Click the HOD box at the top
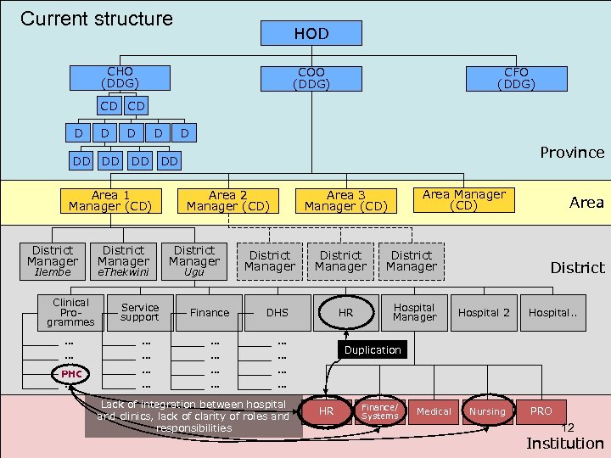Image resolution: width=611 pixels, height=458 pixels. [311, 33]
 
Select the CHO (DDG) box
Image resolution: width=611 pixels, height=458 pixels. [120, 77]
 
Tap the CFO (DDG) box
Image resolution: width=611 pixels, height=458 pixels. [516, 79]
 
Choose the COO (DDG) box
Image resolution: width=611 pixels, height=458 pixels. [311, 79]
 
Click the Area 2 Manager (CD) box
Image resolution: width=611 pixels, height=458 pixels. [227, 200]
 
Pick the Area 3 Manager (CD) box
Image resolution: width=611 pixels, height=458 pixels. [345, 201]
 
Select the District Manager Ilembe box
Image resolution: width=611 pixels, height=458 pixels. [53, 260]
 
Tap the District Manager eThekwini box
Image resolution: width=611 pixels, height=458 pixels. [123, 260]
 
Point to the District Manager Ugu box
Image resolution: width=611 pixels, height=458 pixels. [194, 260]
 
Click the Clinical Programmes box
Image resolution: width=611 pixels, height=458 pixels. [70, 312]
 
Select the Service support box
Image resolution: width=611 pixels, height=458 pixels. [140, 312]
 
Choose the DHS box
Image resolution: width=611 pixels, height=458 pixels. [277, 312]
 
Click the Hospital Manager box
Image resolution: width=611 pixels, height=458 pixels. [414, 312]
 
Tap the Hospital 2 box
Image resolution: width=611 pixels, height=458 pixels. [484, 312]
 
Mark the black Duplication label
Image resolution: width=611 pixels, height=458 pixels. [373, 349]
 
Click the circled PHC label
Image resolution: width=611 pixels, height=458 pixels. [71, 374]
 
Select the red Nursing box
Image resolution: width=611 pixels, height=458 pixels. [487, 411]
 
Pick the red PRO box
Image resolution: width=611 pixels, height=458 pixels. [541, 411]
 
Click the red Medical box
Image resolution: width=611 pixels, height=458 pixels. [434, 411]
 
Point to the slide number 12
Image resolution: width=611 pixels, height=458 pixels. [568, 428]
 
